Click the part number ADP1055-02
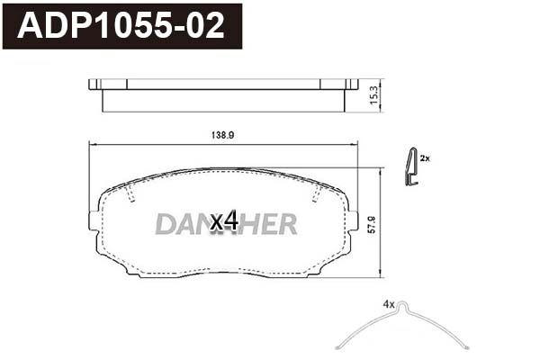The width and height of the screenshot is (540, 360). pyautogui.click(x=121, y=27)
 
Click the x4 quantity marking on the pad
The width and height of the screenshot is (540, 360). pyautogui.click(x=223, y=221)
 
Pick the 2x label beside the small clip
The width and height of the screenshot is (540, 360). pyautogui.click(x=425, y=158)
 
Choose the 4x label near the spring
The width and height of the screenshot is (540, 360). pyautogui.click(x=389, y=306)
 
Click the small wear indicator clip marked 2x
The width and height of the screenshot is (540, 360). pyautogui.click(x=410, y=167)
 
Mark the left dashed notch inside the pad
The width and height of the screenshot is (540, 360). pyautogui.click(x=131, y=196)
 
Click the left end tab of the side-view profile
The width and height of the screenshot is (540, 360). pyautogui.click(x=94, y=85)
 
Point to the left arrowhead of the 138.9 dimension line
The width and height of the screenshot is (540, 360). pyautogui.click(x=91, y=145)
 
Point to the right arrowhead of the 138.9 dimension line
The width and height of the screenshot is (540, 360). pyautogui.click(x=355, y=145)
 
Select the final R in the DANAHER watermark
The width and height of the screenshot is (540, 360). pyautogui.click(x=287, y=223)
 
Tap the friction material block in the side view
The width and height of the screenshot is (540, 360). pyautogui.click(x=223, y=100)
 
